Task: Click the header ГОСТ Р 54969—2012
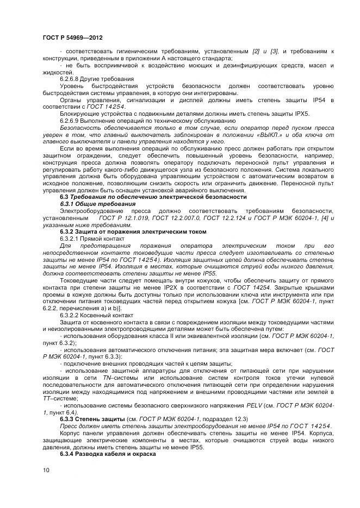click(72, 38)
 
